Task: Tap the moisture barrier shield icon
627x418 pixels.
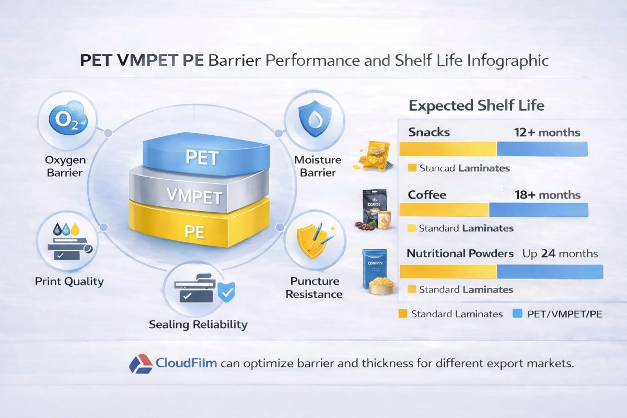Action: (x=312, y=120)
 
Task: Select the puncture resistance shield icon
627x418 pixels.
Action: (x=313, y=241)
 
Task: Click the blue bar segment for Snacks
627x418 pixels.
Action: (x=542, y=149)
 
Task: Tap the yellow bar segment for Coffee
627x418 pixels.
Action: (x=444, y=210)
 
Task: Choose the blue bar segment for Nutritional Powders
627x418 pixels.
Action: (x=549, y=272)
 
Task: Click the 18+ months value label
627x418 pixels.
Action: (x=547, y=195)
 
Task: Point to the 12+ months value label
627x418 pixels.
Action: (x=547, y=132)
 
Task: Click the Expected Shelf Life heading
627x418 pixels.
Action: (x=476, y=106)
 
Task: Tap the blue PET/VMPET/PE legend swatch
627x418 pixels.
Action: (x=517, y=314)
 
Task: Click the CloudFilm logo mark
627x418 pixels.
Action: (x=140, y=363)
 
